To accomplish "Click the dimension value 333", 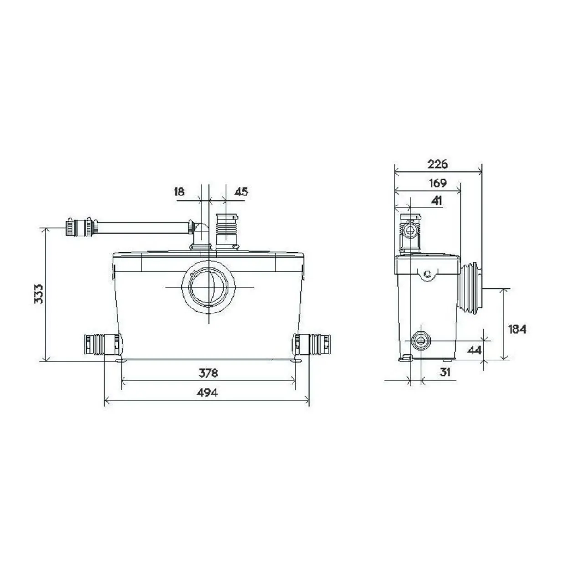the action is [38, 293].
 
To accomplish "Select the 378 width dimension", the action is [208, 373].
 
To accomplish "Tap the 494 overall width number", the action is [207, 393].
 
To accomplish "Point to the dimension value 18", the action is [179, 192].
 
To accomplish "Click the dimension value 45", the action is [241, 192].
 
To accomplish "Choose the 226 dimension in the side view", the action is [437, 164].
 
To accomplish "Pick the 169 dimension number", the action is [437, 183].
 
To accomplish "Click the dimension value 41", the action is [437, 201].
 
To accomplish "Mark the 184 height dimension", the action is [518, 329].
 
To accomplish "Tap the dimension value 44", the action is [474, 350].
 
